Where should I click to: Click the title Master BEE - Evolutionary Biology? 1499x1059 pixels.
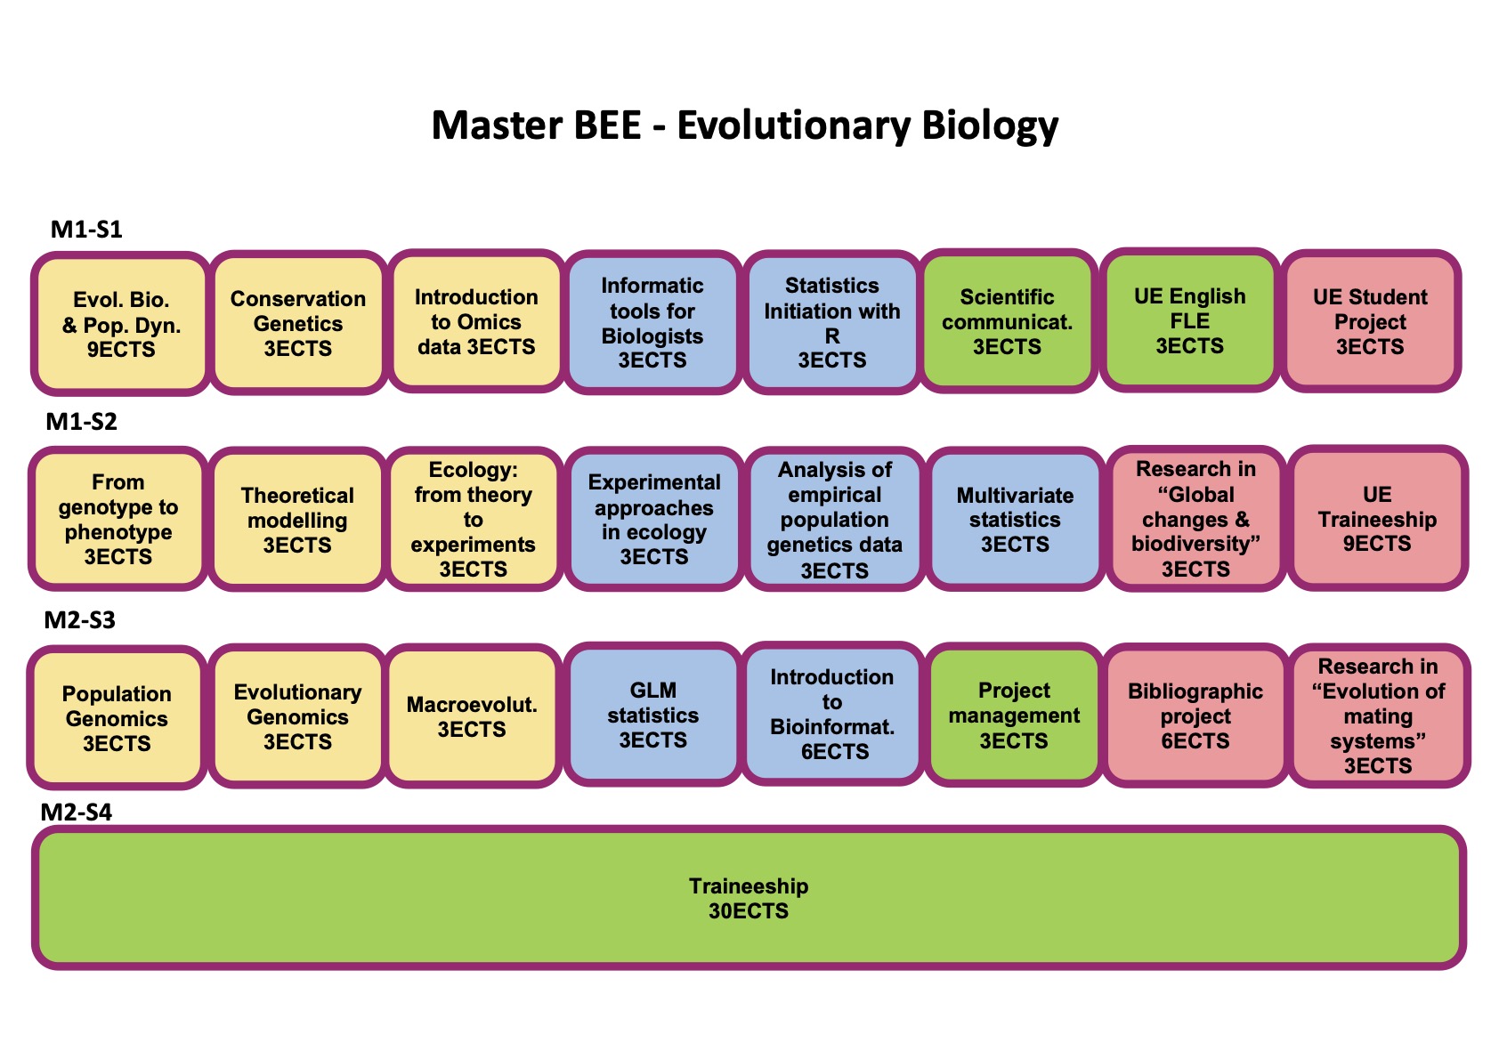point(745,125)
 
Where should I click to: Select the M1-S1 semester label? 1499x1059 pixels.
point(86,230)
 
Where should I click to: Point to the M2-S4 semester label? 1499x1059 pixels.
point(77,812)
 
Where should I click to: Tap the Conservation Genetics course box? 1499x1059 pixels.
point(298,323)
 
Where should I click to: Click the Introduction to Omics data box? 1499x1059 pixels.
point(476,321)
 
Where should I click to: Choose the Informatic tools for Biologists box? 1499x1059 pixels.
point(652,322)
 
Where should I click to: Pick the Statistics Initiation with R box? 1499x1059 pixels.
point(832,322)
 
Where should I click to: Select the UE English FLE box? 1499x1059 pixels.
point(1189,320)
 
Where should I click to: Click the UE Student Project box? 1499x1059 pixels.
point(1370,321)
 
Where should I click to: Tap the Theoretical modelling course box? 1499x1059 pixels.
point(297,520)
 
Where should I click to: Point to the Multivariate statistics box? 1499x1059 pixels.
point(1015,520)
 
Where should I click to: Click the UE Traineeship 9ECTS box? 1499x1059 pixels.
point(1377,519)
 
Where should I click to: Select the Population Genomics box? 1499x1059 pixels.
point(117,718)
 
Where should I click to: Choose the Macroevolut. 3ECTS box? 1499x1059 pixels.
point(472,717)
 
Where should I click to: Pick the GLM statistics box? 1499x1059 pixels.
point(653,715)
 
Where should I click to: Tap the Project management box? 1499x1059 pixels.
point(1014,715)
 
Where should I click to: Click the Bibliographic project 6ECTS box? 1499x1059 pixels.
point(1195,715)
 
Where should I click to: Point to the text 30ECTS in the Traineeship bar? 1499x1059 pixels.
point(749,911)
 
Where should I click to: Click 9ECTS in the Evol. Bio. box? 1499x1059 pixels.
point(121,350)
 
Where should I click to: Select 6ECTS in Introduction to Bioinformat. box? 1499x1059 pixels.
point(834,752)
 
